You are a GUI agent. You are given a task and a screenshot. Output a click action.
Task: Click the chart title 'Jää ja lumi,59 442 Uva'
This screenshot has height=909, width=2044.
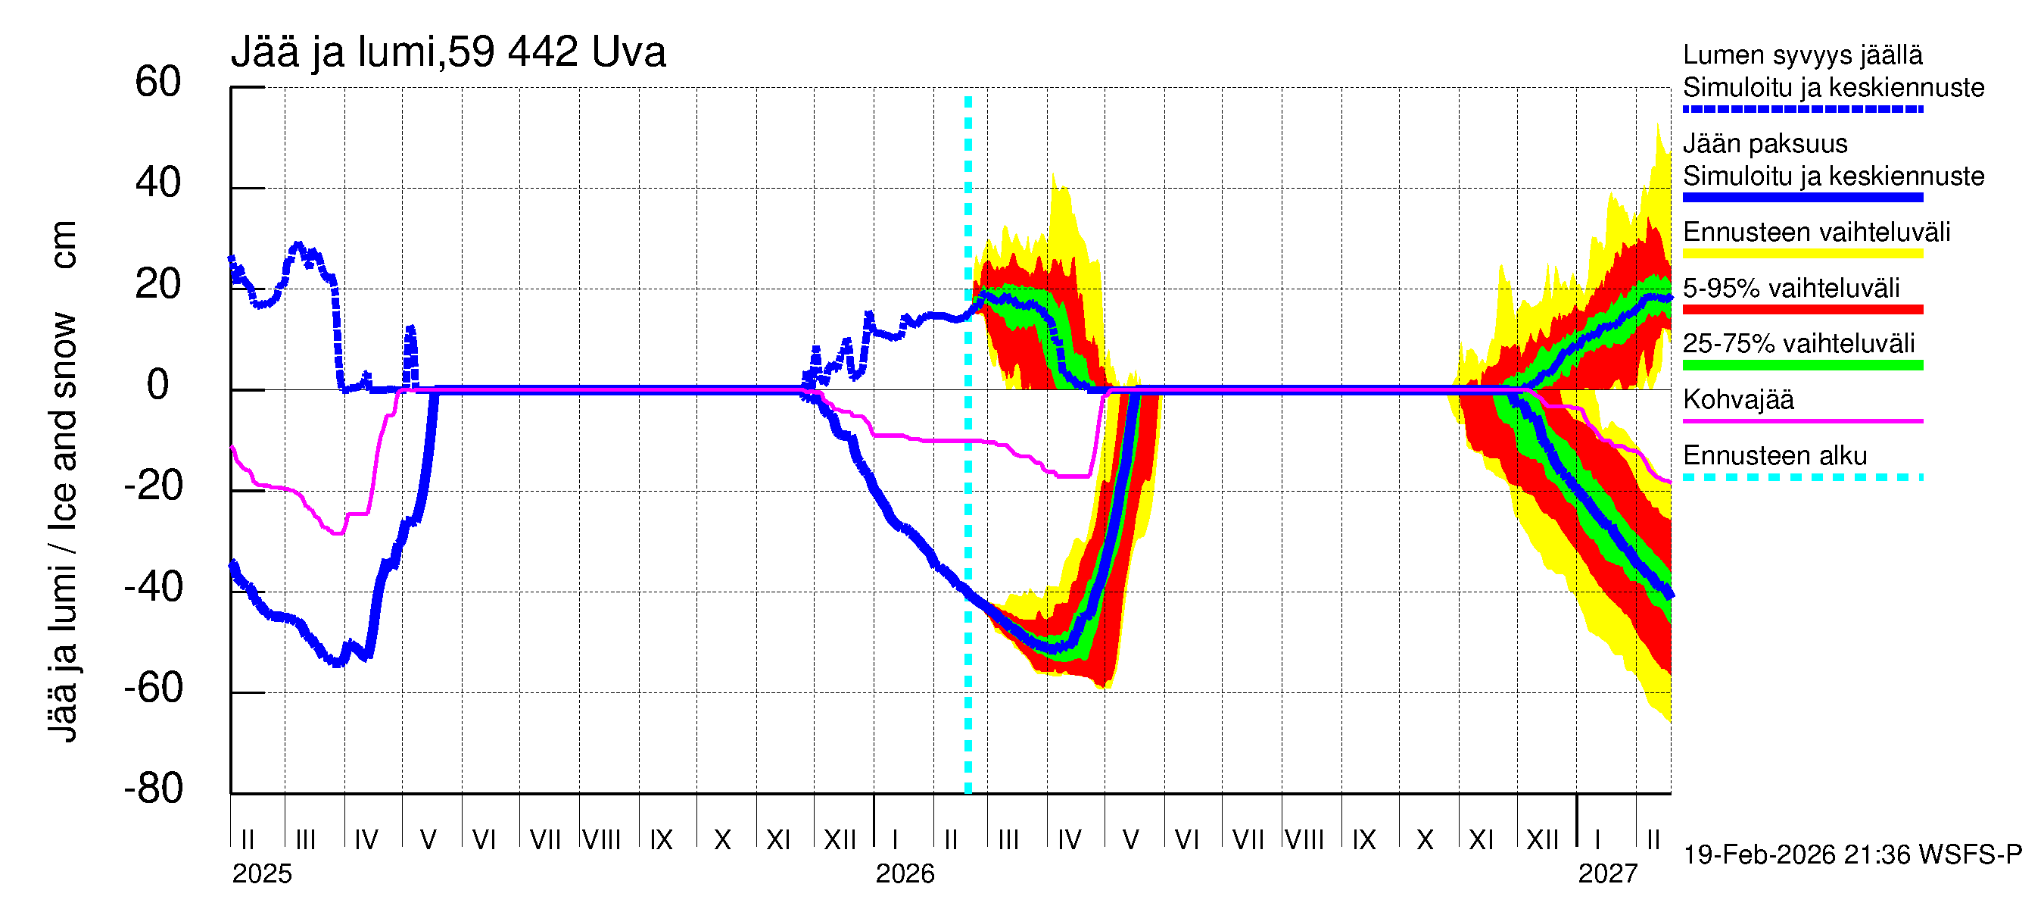click(x=447, y=52)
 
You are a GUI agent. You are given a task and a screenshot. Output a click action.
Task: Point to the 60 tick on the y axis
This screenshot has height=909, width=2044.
click(x=158, y=83)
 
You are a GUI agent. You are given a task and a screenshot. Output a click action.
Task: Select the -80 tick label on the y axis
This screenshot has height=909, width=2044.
click(x=153, y=789)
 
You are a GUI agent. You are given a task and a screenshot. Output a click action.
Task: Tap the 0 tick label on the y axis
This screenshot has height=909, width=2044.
click(x=158, y=386)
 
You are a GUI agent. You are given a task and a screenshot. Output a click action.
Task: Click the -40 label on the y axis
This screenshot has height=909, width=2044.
click(x=153, y=588)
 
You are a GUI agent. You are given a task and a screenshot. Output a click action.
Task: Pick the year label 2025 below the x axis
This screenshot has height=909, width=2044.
click(x=262, y=874)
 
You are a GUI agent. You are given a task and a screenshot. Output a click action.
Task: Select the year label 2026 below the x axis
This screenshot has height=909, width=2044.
click(x=905, y=874)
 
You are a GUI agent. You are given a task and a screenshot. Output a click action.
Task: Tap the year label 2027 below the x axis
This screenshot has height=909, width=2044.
click(x=1608, y=874)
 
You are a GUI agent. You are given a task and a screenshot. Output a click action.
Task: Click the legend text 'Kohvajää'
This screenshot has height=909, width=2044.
click(x=1737, y=399)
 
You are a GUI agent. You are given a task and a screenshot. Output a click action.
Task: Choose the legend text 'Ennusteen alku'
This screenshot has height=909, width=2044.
click(x=1774, y=456)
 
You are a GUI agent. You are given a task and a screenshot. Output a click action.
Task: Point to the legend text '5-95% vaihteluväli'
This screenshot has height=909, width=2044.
click(x=1791, y=288)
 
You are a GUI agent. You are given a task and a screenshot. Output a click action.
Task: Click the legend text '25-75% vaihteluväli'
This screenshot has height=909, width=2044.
click(x=1798, y=344)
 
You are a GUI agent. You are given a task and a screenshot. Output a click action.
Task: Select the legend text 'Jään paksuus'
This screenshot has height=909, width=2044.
click(x=1765, y=144)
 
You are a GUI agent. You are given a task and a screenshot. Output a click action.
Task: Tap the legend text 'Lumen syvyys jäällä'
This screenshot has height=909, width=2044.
click(x=1802, y=55)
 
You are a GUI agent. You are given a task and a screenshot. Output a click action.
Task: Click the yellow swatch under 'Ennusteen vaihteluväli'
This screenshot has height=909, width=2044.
click(x=1802, y=253)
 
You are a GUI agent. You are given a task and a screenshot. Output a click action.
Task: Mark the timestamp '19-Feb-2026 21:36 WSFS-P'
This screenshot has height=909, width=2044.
click(x=1852, y=855)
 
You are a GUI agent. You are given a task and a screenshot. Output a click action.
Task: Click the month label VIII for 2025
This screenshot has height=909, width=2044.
click(x=601, y=840)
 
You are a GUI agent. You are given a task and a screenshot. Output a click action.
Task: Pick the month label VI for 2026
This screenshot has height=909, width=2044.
click(x=1186, y=840)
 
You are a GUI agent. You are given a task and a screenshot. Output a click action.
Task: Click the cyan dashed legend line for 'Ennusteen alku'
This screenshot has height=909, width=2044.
click(x=1802, y=477)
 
